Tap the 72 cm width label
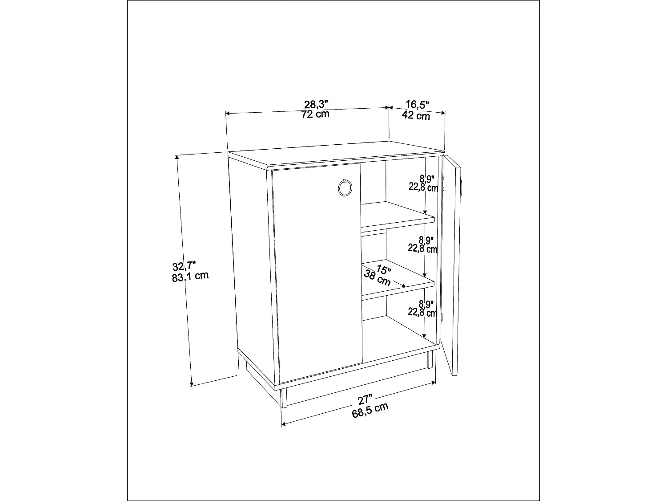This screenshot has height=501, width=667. tap(315, 114)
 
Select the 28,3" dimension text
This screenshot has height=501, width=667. tap(316, 105)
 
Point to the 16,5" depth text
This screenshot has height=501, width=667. tap(417, 105)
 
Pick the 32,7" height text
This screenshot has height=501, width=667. tap(184, 266)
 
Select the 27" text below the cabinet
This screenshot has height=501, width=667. tap(366, 399)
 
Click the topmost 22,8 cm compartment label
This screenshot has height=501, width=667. tap(423, 187)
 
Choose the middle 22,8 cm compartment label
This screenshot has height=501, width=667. tap(422, 248)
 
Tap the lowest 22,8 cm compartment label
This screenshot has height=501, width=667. tap(422, 313)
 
